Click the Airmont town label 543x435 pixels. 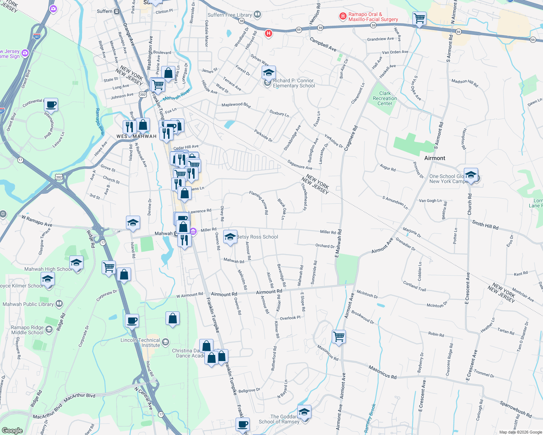pyautogui.click(x=434, y=158)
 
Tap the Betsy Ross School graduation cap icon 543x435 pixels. pyautogui.click(x=230, y=237)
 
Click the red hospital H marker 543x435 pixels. pyautogui.click(x=268, y=34)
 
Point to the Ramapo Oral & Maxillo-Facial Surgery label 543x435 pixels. pyautogui.click(x=373, y=17)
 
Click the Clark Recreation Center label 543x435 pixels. pyautogui.click(x=385, y=98)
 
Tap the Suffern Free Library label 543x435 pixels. pyautogui.click(x=229, y=15)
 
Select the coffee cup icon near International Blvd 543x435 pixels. pyautogui.click(x=51, y=105)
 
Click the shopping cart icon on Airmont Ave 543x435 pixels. pyautogui.click(x=339, y=336)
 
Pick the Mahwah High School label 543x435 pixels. pyautogui.click(x=48, y=269)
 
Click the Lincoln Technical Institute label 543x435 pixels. pyautogui.click(x=140, y=343)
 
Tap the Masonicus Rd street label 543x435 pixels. pyautogui.click(x=382, y=372)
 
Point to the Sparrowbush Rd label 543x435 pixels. pyautogui.click(x=515, y=409)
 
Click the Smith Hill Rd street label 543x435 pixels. pyautogui.click(x=485, y=225)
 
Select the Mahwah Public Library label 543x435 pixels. pyautogui.click(x=28, y=304)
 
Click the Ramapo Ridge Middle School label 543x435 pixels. pyautogui.click(x=27, y=330)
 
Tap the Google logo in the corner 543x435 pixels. pyautogui.click(x=12, y=430)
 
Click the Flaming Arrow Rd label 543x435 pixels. pyautogui.click(x=258, y=202)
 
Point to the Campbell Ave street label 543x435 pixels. pyautogui.click(x=323, y=44)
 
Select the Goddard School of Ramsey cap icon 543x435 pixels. pyautogui.click(x=304, y=412)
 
